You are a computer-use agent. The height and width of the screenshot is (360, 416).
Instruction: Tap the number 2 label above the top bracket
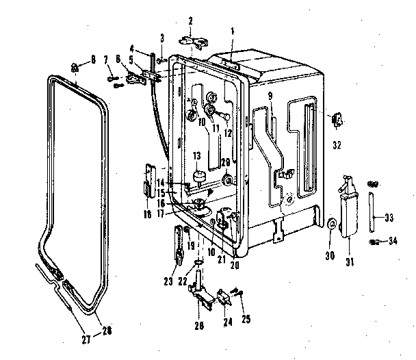(190, 20)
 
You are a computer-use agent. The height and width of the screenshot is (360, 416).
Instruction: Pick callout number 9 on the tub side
(270, 95)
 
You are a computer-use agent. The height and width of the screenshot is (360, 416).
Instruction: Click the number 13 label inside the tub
(196, 156)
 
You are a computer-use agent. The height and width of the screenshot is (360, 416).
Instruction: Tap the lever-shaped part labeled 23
(179, 243)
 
